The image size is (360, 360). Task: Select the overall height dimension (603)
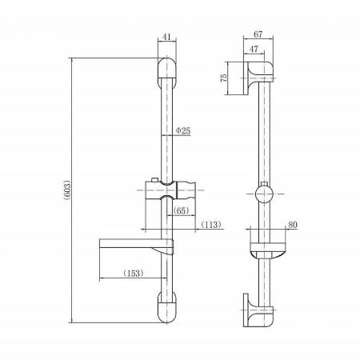pyautogui.click(x=66, y=192)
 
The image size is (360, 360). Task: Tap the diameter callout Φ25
pyautogui.click(x=182, y=130)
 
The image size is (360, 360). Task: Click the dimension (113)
pyautogui.click(x=211, y=225)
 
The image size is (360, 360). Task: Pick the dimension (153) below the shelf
pyautogui.click(x=134, y=273)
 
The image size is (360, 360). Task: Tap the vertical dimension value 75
pyautogui.click(x=228, y=78)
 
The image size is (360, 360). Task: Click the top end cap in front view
pyautogui.click(x=166, y=73)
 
